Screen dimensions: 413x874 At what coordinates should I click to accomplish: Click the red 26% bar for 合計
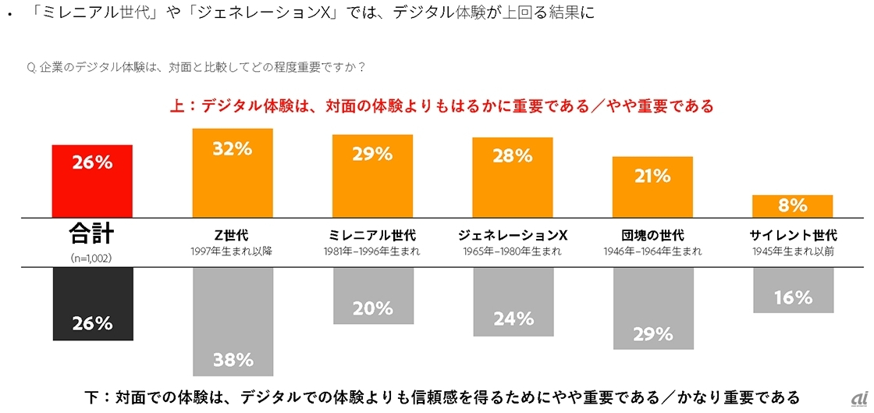(x=92, y=180)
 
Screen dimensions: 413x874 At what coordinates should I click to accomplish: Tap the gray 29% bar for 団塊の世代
(x=652, y=308)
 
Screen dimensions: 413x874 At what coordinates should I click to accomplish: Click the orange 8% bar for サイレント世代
(x=792, y=205)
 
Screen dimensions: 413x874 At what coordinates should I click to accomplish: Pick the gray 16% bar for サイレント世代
(x=792, y=290)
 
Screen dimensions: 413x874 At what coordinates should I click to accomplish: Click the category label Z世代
(x=232, y=235)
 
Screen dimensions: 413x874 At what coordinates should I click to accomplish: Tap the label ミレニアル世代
(x=371, y=235)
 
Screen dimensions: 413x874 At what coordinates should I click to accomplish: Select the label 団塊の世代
(x=652, y=235)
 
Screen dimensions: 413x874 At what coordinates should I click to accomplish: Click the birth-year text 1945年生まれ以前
(x=792, y=251)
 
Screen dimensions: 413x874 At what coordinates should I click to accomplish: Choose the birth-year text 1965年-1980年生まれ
(x=513, y=251)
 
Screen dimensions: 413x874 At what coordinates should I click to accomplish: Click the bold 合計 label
(x=92, y=233)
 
